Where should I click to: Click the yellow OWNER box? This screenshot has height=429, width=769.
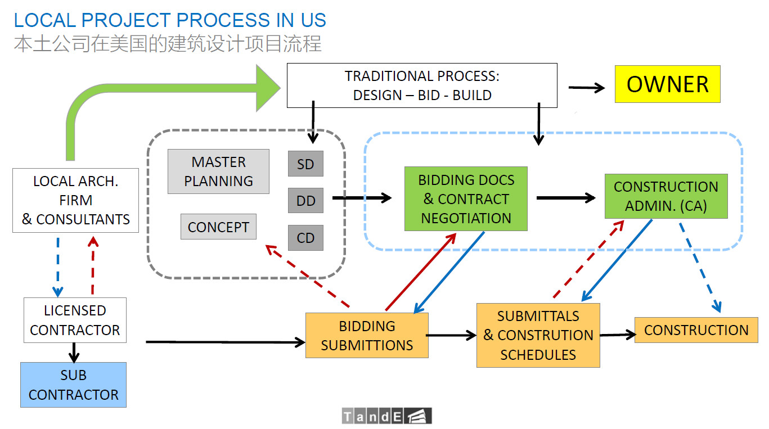coord(667,84)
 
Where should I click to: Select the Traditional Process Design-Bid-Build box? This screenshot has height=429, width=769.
coord(422,85)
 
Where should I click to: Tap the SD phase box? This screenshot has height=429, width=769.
coord(305,164)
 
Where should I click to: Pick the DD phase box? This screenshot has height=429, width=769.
coord(305,201)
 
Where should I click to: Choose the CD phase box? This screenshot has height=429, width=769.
coord(305,238)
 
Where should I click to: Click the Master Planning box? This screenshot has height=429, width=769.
coord(218,171)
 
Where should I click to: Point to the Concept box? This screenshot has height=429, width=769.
coord(218,227)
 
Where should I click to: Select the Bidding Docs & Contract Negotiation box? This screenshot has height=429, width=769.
coord(466,199)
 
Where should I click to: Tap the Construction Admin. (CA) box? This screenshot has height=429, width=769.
coord(665,196)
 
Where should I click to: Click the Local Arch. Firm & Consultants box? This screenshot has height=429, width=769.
coord(75,200)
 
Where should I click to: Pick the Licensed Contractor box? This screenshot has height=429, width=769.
coord(75,320)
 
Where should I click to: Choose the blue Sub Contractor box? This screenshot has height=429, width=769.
coord(73,385)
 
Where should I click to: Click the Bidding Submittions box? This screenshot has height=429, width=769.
coord(367,335)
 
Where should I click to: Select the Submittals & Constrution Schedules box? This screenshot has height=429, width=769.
coord(538,335)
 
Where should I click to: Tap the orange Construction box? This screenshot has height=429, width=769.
coord(696,329)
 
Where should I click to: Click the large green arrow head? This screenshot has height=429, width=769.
coord(267,88)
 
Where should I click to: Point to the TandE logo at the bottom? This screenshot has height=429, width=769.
coord(386,416)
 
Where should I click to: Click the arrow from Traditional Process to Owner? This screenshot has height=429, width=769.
coord(586,88)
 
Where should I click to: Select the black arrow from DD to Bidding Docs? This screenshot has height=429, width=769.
coord(362,198)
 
